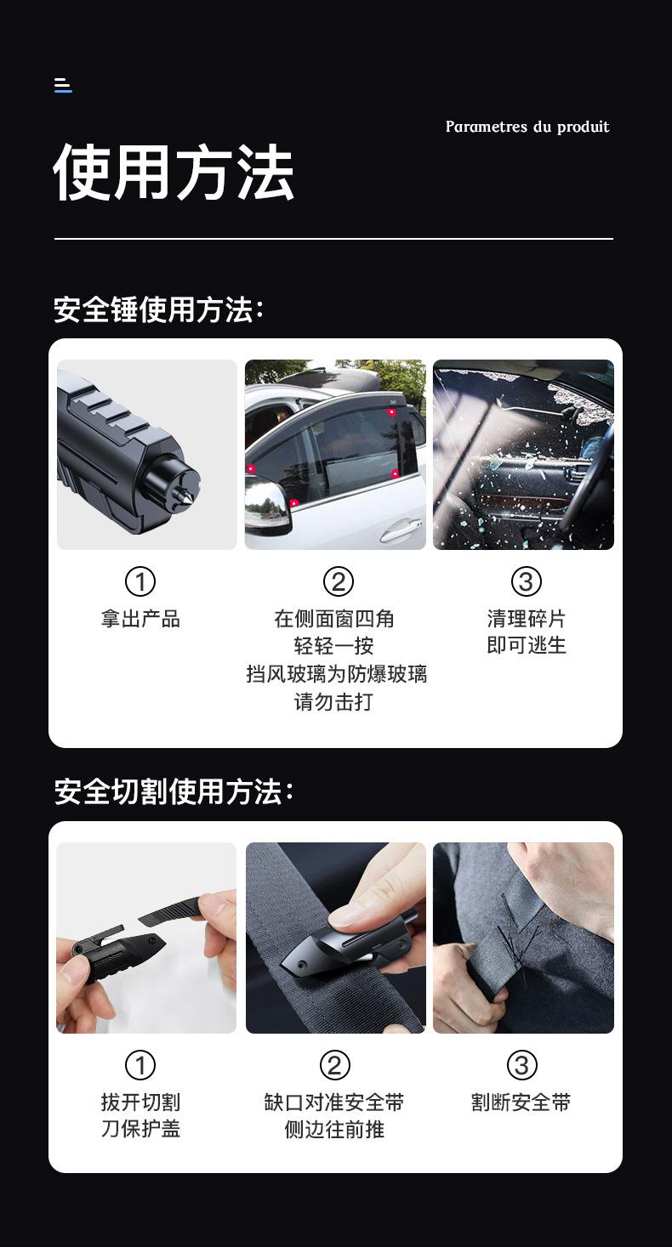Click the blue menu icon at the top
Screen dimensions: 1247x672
pos(63,85)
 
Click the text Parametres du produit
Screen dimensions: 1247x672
pos(527,127)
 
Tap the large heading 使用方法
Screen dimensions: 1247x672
pos(174,173)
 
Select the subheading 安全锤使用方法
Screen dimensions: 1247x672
pos(158,309)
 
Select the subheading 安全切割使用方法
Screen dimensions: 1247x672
pos(174,791)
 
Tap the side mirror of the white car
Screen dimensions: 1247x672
pos(266,507)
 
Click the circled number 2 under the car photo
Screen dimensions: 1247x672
pos(338,581)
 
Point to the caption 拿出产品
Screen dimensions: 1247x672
pos(140,619)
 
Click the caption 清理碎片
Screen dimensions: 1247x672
pos(526,619)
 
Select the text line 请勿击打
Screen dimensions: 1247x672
pos(333,702)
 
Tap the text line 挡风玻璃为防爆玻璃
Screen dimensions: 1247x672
pos(336,674)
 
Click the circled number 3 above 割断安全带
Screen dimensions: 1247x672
pos(521,1065)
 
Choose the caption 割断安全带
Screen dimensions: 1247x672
pos(521,1102)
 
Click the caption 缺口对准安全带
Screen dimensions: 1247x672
pos(333,1102)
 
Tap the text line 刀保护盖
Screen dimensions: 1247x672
pos(140,1129)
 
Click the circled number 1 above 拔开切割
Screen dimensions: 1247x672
pos(140,1065)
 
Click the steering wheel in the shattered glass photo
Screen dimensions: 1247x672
pos(595,476)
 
